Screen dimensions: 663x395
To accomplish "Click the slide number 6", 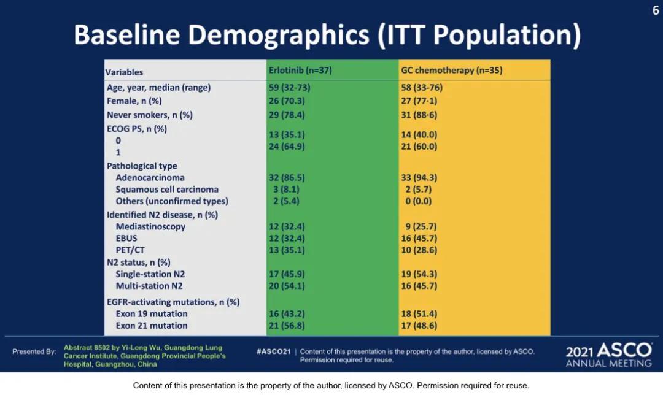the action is click(x=656, y=10).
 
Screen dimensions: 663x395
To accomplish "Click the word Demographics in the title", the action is click(x=279, y=35).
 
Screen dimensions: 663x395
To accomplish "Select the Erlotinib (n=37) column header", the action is click(x=300, y=70).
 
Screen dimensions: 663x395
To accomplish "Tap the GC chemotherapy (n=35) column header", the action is click(x=452, y=70).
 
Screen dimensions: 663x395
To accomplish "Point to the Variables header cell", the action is click(x=124, y=72).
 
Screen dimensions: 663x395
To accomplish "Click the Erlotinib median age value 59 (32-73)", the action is click(x=289, y=88).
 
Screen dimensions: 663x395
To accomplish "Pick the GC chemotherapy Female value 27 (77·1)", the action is click(x=419, y=101).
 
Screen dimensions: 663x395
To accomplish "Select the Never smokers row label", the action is click(x=150, y=115).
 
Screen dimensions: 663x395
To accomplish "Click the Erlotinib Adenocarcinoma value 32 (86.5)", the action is click(x=287, y=177).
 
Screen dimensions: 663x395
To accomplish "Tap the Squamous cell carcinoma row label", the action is click(x=167, y=190).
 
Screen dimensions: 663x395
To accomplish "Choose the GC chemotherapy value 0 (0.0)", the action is click(x=419, y=201).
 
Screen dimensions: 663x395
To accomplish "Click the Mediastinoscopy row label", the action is click(x=150, y=226).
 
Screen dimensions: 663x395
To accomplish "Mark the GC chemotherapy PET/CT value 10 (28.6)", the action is click(x=419, y=250).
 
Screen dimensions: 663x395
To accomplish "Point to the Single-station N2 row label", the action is click(x=150, y=274).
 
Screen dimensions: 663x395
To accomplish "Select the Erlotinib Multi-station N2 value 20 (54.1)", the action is click(x=287, y=286).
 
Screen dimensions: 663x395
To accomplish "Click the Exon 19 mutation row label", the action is click(x=152, y=314).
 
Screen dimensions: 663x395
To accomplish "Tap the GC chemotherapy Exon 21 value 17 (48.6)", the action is click(x=419, y=326).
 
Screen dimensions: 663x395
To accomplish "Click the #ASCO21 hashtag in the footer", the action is click(x=274, y=351).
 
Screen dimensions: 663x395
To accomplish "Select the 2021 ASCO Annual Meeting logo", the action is click(x=609, y=355).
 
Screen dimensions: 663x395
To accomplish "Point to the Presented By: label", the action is click(x=34, y=351).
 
